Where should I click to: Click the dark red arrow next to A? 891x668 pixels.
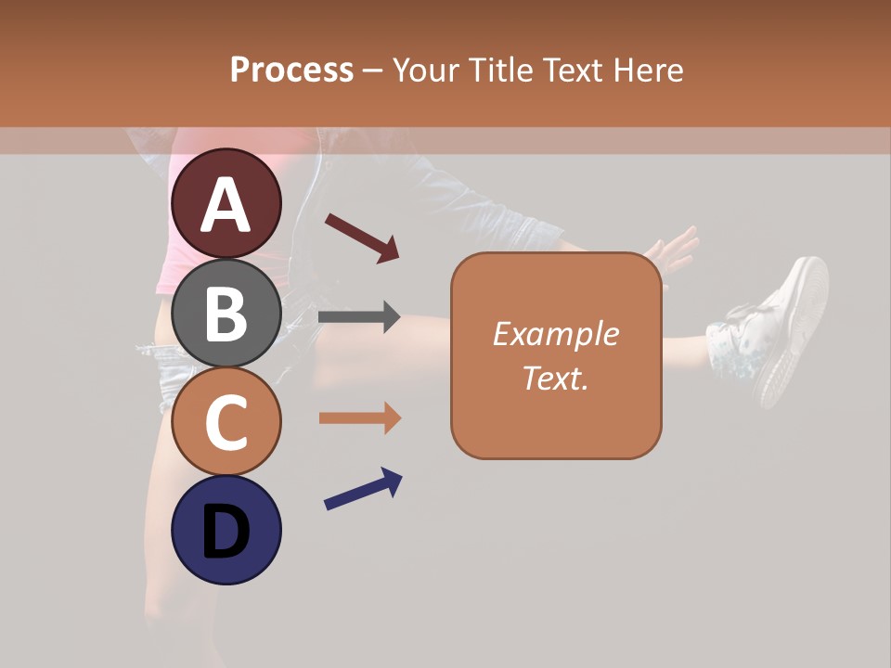pyautogui.click(x=362, y=238)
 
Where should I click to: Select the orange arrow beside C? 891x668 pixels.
pyautogui.click(x=359, y=418)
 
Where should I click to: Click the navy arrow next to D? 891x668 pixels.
pyautogui.click(x=363, y=489)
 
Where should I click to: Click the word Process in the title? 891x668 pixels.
pyautogui.click(x=291, y=71)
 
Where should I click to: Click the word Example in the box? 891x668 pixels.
pyautogui.click(x=555, y=334)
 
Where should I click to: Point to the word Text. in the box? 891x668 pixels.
pyautogui.click(x=555, y=378)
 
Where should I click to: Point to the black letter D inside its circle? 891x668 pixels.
pyautogui.click(x=226, y=533)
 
